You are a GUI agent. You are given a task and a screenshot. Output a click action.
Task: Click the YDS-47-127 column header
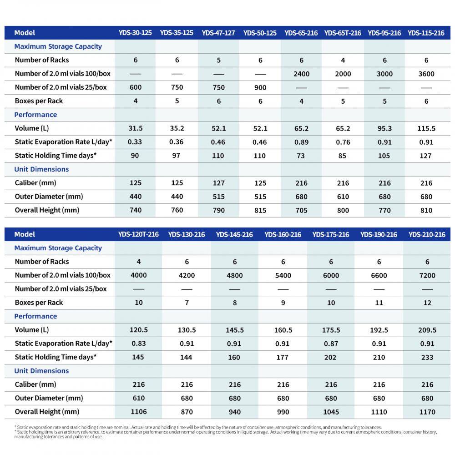click(218, 33)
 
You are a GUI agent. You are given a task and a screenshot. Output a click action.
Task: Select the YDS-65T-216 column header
click(343, 33)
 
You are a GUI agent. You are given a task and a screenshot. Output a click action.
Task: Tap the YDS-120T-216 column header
click(138, 234)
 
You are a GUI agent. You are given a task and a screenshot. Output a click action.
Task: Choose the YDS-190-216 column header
click(379, 234)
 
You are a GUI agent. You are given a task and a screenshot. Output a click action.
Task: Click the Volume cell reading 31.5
click(135, 128)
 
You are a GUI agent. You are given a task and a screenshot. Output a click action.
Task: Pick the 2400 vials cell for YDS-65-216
click(301, 74)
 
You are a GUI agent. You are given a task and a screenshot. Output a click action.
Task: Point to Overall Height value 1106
click(138, 412)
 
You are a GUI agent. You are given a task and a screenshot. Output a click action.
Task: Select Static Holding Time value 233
click(427, 357)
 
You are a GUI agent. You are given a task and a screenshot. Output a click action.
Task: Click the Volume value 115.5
click(426, 128)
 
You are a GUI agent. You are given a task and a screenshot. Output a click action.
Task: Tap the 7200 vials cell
click(427, 275)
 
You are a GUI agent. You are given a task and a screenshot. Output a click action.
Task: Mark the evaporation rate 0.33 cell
click(135, 142)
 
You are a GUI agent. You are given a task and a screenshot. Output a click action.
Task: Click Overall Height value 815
click(260, 210)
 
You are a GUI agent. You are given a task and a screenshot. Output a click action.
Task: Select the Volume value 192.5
click(379, 330)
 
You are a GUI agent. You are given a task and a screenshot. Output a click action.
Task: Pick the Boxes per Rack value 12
click(427, 303)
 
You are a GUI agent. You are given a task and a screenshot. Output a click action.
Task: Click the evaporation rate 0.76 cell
click(343, 142)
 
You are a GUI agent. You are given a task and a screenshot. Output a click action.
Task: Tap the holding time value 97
click(177, 156)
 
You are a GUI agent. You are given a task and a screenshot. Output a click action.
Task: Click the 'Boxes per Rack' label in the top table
click(39, 101)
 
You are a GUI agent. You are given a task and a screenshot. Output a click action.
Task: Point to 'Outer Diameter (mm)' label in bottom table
click(49, 398)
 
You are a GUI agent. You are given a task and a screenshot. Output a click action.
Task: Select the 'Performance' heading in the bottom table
click(35, 316)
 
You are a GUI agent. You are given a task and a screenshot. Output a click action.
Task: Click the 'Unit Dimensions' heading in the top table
click(41, 169)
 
